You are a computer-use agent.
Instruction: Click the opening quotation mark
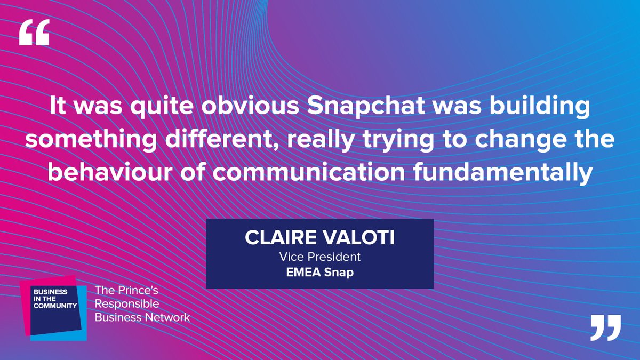34,33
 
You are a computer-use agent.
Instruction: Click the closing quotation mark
606,327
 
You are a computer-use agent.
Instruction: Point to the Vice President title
319,257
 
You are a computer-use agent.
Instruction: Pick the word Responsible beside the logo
127,304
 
